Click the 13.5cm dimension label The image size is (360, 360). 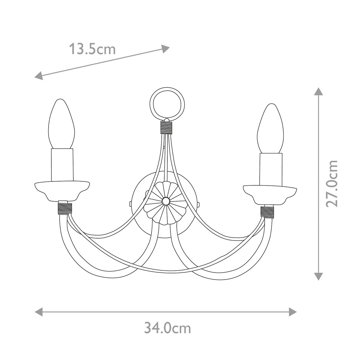coord(92,49)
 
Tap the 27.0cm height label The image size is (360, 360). coord(332,183)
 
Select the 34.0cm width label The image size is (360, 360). coord(167,328)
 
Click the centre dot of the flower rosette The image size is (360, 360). coord(165,201)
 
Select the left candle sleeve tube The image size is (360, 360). coord(62,165)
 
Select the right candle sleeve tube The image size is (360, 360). coord(271,169)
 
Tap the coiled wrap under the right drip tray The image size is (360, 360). coord(267,211)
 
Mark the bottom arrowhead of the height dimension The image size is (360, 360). coord(318,276)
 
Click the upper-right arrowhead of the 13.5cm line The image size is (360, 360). coord(166,48)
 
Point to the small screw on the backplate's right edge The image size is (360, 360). coord(198,205)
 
